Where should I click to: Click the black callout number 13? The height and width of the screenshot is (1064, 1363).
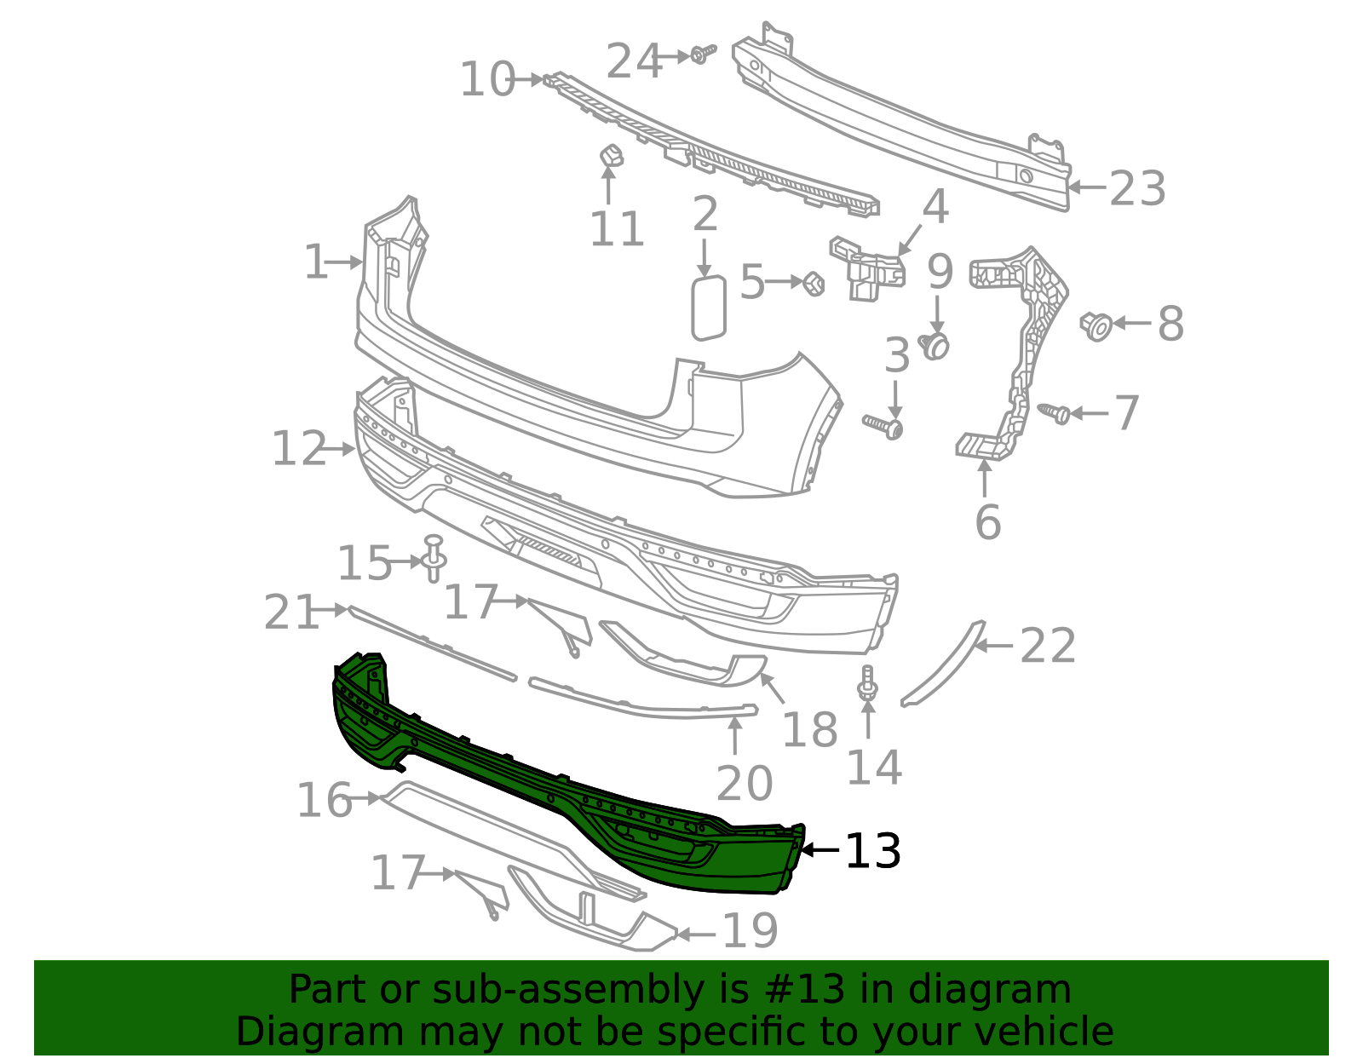[872, 851]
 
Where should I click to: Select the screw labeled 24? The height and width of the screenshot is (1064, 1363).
[703, 54]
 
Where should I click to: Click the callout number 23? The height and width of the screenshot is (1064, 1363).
[1137, 188]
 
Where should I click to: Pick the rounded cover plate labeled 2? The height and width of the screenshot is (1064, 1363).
[708, 308]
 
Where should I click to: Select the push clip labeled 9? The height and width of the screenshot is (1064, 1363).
[935, 346]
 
